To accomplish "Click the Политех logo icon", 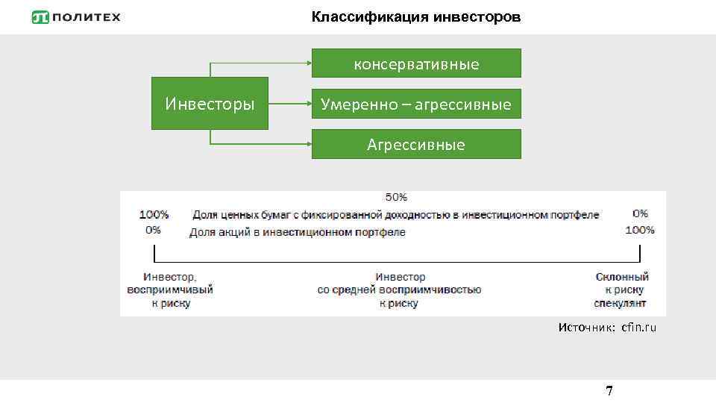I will pyautogui.click(x=42, y=17).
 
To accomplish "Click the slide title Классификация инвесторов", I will pyautogui.click(x=416, y=16).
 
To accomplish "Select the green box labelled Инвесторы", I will pyautogui.click(x=210, y=103).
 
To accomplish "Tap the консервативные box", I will pyautogui.click(x=416, y=63).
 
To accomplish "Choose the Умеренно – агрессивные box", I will pyautogui.click(x=416, y=104).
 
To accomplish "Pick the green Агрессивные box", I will pyautogui.click(x=416, y=144).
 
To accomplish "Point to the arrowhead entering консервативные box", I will pyautogui.click(x=307, y=63).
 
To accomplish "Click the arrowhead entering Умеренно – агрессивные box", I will pyautogui.click(x=307, y=103).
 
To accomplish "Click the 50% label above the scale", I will pyautogui.click(x=396, y=197).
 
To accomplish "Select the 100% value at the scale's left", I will pyautogui.click(x=154, y=214).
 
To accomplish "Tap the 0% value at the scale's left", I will pyautogui.click(x=153, y=230).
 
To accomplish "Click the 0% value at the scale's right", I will pyautogui.click(x=640, y=213).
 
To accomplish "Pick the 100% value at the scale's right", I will pyautogui.click(x=639, y=230).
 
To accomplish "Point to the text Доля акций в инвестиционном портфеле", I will pyautogui.click(x=297, y=232).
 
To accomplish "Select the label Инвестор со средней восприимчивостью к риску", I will pyautogui.click(x=399, y=290).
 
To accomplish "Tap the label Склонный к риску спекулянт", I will pyautogui.click(x=621, y=290).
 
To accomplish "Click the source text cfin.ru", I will pyautogui.click(x=638, y=328).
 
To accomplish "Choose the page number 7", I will pyautogui.click(x=609, y=390).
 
